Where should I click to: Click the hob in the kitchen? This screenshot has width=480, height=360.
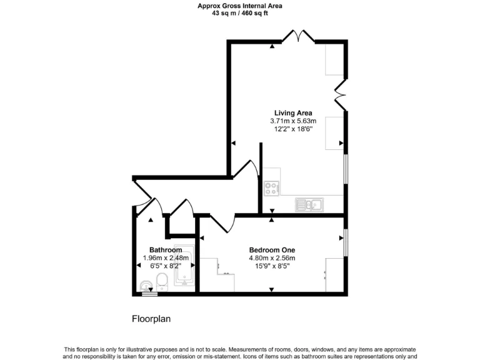(x=271, y=188)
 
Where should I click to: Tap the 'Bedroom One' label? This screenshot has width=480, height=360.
(x=272, y=249)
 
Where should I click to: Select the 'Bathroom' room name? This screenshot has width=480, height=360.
(x=166, y=249)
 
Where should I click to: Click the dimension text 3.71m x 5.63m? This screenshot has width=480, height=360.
(x=293, y=121)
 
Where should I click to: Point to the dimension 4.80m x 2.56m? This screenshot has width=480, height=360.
(x=272, y=257)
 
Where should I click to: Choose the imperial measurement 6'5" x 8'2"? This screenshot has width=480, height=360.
(x=166, y=266)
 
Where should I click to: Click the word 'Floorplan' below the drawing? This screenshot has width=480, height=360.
(x=151, y=318)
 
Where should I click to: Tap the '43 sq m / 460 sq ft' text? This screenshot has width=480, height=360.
(x=240, y=12)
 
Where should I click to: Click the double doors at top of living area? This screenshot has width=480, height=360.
(x=298, y=37)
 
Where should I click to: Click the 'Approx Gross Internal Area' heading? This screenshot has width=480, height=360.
(x=240, y=6)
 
